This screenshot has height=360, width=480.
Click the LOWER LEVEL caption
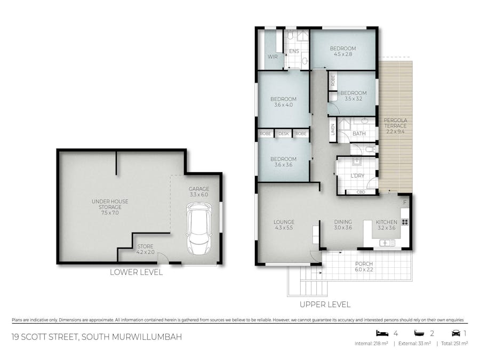coord(136,272)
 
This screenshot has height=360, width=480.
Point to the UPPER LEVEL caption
coord(325,305)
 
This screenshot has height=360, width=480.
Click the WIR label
coord(273,57)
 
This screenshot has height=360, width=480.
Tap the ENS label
coord(294,52)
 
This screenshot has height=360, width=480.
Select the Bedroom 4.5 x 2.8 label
coord(344,51)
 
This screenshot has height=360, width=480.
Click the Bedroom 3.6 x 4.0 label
coord(283,102)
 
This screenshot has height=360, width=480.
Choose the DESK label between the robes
coord(283,133)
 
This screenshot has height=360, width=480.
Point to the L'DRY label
coord(357,176)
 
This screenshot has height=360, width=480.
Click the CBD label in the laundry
coord(360,192)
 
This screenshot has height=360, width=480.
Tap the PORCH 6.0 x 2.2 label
coord(364,267)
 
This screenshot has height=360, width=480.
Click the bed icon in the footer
coord(381,333)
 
